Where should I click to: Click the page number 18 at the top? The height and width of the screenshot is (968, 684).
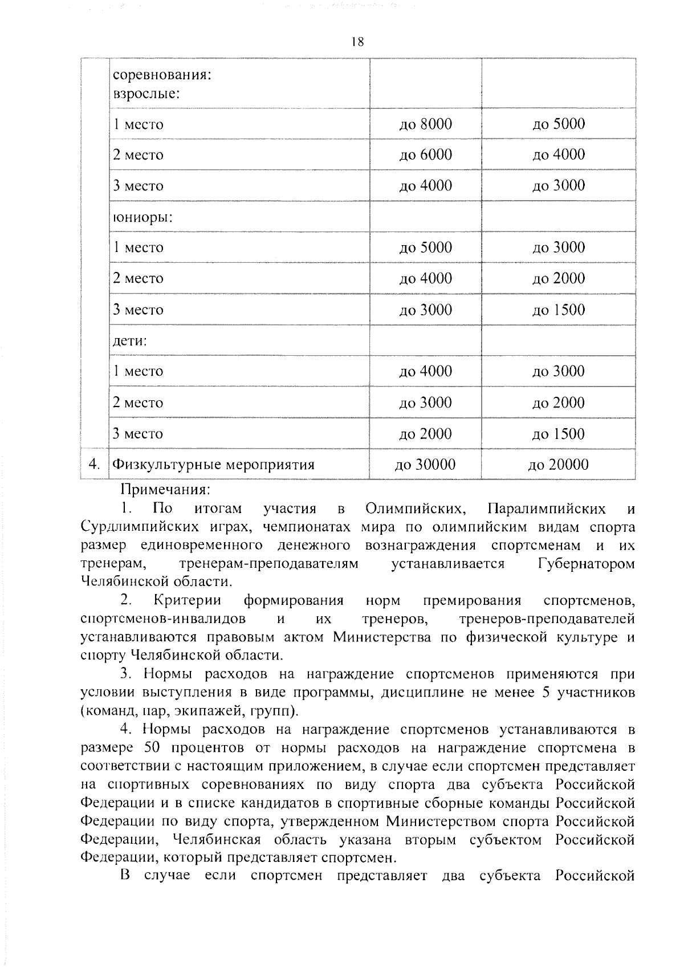358,42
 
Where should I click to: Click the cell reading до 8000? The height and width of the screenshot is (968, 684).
425,124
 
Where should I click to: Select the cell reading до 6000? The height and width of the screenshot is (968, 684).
425,154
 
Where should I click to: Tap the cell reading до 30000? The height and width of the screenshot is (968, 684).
425,465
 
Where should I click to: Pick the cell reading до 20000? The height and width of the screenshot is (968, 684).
558,465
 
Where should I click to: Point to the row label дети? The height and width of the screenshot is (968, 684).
130,340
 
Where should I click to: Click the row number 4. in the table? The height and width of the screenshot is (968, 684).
95,464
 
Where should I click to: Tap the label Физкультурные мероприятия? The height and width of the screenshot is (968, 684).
214,465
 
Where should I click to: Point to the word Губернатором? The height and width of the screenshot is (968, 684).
586,563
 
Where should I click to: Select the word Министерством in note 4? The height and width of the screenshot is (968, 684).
439,821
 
